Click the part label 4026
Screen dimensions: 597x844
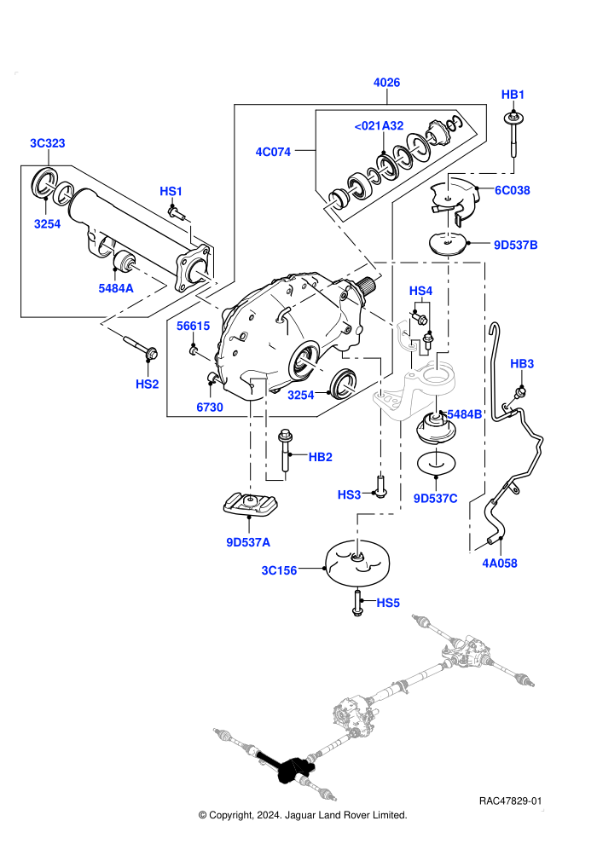386,83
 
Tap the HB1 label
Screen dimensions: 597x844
513,95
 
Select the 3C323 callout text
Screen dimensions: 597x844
48,143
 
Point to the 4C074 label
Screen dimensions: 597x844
273,152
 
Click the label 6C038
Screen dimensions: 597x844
513,190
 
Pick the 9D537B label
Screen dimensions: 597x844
516,245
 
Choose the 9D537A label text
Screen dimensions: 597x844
248,542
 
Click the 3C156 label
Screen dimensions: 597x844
279,570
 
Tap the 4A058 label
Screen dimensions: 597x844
500,564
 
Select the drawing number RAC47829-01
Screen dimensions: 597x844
510,801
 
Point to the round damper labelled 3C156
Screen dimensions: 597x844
358,563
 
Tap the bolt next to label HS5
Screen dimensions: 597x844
356,603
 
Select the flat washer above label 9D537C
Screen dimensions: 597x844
436,464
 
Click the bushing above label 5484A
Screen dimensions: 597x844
124,261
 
